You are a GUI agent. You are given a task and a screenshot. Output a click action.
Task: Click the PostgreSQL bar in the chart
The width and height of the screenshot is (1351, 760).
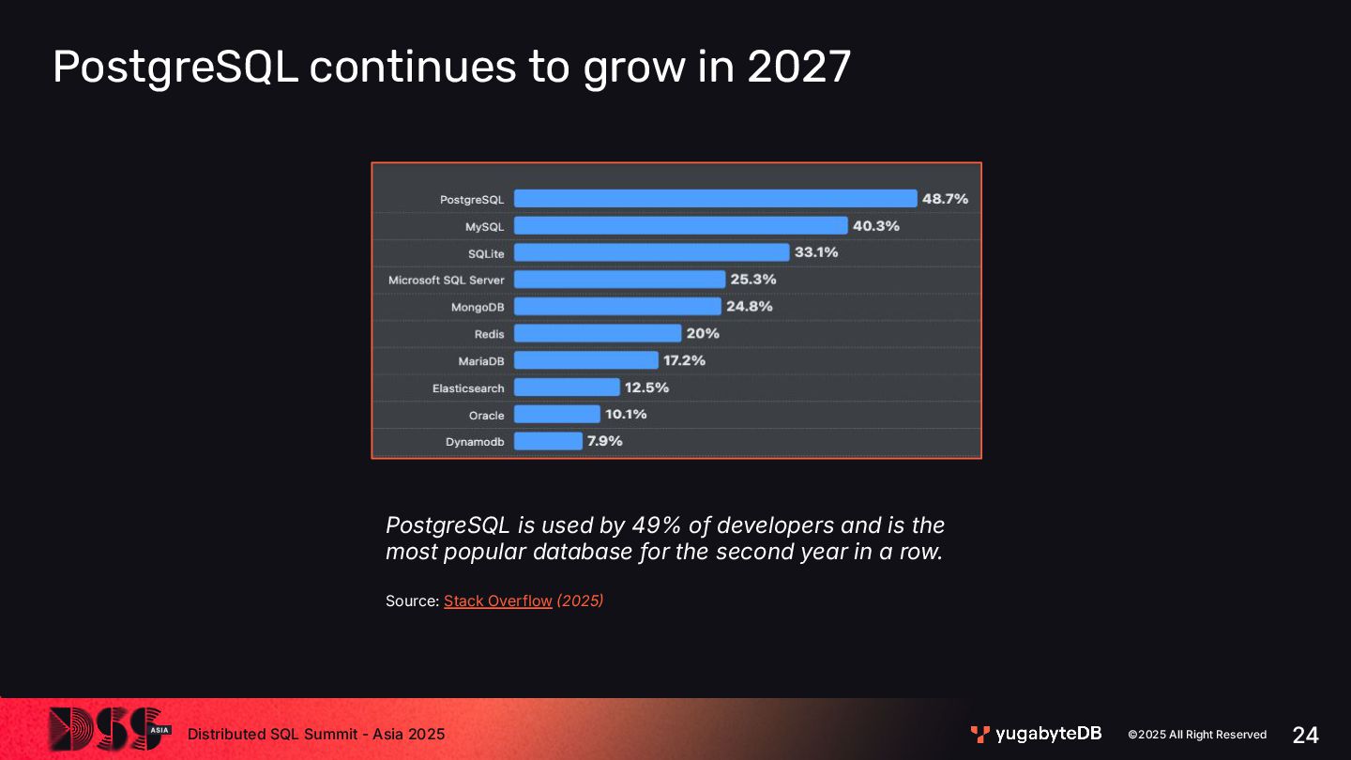(715, 199)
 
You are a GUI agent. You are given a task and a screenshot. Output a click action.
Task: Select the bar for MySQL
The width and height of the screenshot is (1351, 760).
(680, 226)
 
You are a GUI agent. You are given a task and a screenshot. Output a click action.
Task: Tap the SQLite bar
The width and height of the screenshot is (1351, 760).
(651, 252)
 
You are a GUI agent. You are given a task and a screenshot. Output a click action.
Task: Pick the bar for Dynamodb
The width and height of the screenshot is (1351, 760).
(548, 441)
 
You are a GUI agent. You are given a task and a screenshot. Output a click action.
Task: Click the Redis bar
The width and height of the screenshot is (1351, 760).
(598, 333)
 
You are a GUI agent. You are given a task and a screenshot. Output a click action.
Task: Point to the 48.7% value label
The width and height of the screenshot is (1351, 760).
(946, 199)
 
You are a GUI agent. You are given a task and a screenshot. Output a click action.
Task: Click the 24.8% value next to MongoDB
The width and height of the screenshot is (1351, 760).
(750, 306)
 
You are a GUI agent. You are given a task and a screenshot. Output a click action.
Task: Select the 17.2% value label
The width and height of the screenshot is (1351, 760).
(685, 360)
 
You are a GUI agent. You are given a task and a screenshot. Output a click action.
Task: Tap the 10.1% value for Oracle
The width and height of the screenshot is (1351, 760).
(626, 414)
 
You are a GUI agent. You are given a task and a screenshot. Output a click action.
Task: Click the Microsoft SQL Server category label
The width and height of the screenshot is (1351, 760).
(447, 280)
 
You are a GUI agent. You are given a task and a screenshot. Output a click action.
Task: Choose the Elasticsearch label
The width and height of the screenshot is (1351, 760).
(468, 388)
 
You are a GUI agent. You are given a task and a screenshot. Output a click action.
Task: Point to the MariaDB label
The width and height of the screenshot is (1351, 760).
(481, 361)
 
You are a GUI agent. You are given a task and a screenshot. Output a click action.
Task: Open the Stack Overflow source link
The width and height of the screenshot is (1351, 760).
(497, 600)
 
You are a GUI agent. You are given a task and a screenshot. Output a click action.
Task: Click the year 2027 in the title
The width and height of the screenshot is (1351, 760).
(799, 67)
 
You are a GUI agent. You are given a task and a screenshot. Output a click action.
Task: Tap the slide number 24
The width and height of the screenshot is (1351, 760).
(1305, 735)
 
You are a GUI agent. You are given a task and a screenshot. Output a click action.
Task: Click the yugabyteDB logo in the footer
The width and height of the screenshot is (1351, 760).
(1036, 734)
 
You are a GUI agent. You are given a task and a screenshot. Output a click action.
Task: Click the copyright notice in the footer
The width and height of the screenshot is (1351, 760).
(1197, 735)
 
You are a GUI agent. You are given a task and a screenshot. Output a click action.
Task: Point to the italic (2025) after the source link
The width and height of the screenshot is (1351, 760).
(580, 600)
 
